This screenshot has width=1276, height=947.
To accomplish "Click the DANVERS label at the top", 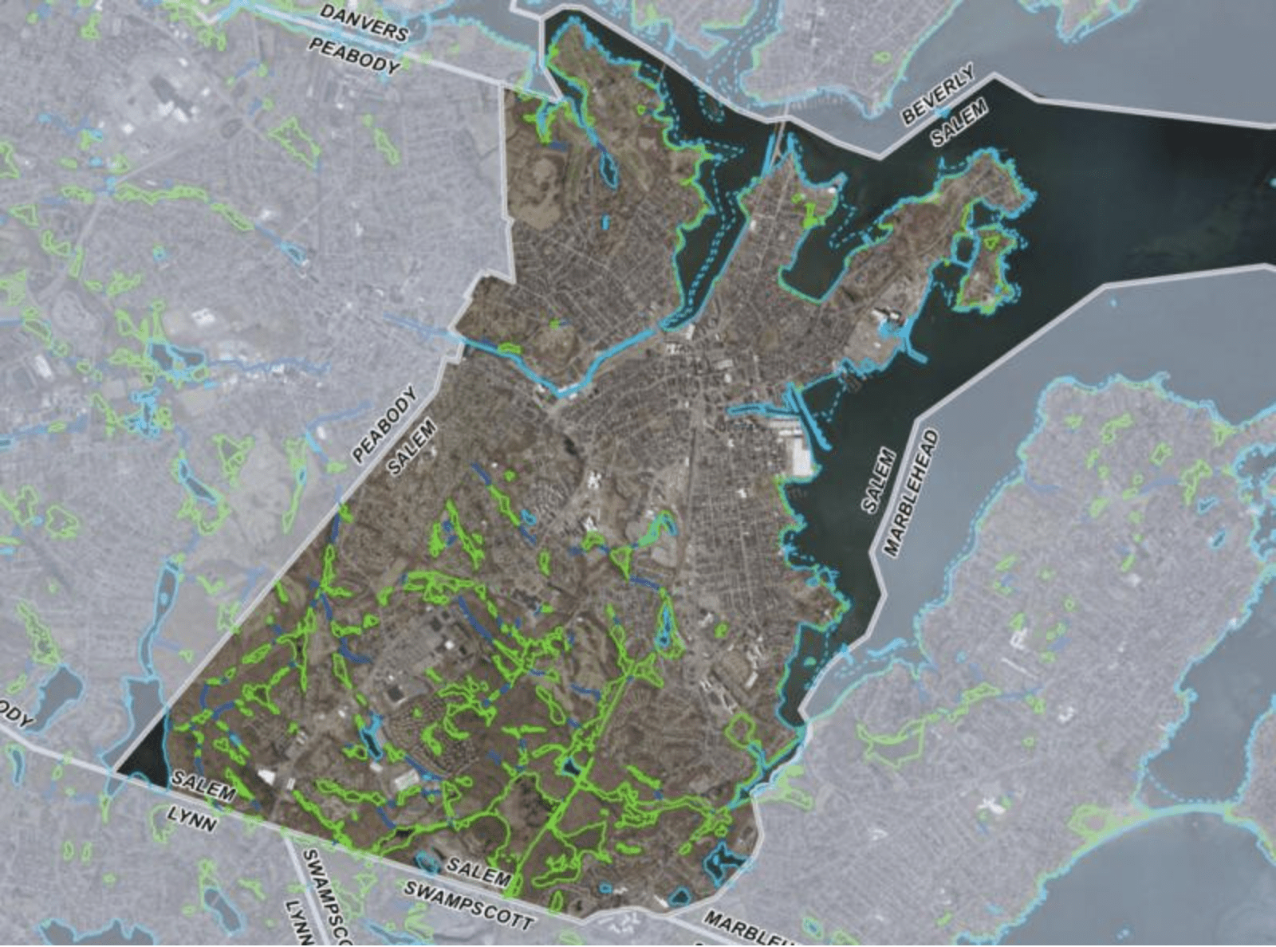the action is [364, 22].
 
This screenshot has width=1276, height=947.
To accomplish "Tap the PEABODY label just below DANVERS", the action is [354, 57].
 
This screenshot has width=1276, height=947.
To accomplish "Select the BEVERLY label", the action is [939, 94].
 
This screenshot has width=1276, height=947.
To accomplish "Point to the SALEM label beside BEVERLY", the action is [959, 122].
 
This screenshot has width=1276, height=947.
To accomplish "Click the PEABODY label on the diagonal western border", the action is [384, 424].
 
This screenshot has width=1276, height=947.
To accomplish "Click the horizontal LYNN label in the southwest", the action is [191, 818].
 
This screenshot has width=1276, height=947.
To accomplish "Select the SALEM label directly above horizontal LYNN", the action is [203, 787].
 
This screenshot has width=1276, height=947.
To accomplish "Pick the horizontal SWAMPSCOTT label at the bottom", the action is [467, 904].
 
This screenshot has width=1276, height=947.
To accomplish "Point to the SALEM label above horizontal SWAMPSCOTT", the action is [478, 871].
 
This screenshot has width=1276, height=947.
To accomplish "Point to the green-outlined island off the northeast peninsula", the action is [989, 271].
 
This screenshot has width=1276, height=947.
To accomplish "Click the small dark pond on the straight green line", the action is [572, 767].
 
